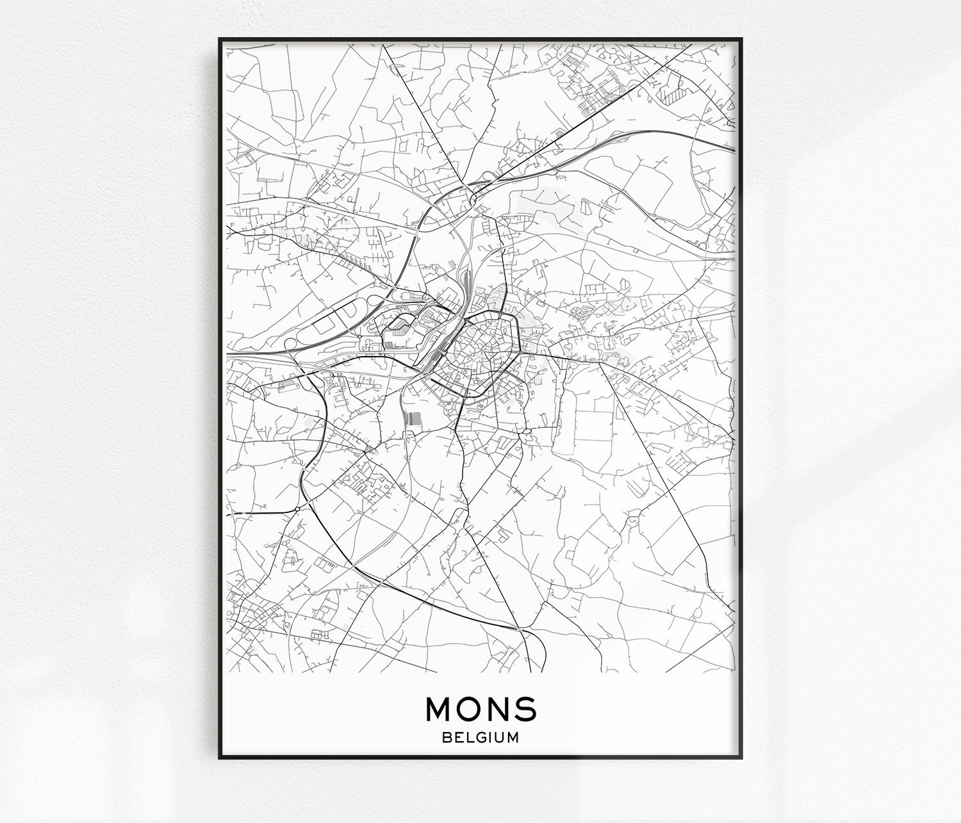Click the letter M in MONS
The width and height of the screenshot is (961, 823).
pos(438,708)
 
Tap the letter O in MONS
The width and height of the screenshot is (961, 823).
pos(468,708)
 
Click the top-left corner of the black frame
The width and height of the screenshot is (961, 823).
pos(220,38)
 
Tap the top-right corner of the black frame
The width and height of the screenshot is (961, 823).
pos(741,38)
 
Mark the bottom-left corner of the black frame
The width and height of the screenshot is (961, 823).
pos(220,758)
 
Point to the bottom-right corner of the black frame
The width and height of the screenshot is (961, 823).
pos(741,758)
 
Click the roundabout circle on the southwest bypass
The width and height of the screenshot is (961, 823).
pos(298,509)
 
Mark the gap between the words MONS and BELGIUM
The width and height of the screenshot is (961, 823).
pos(481,725)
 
